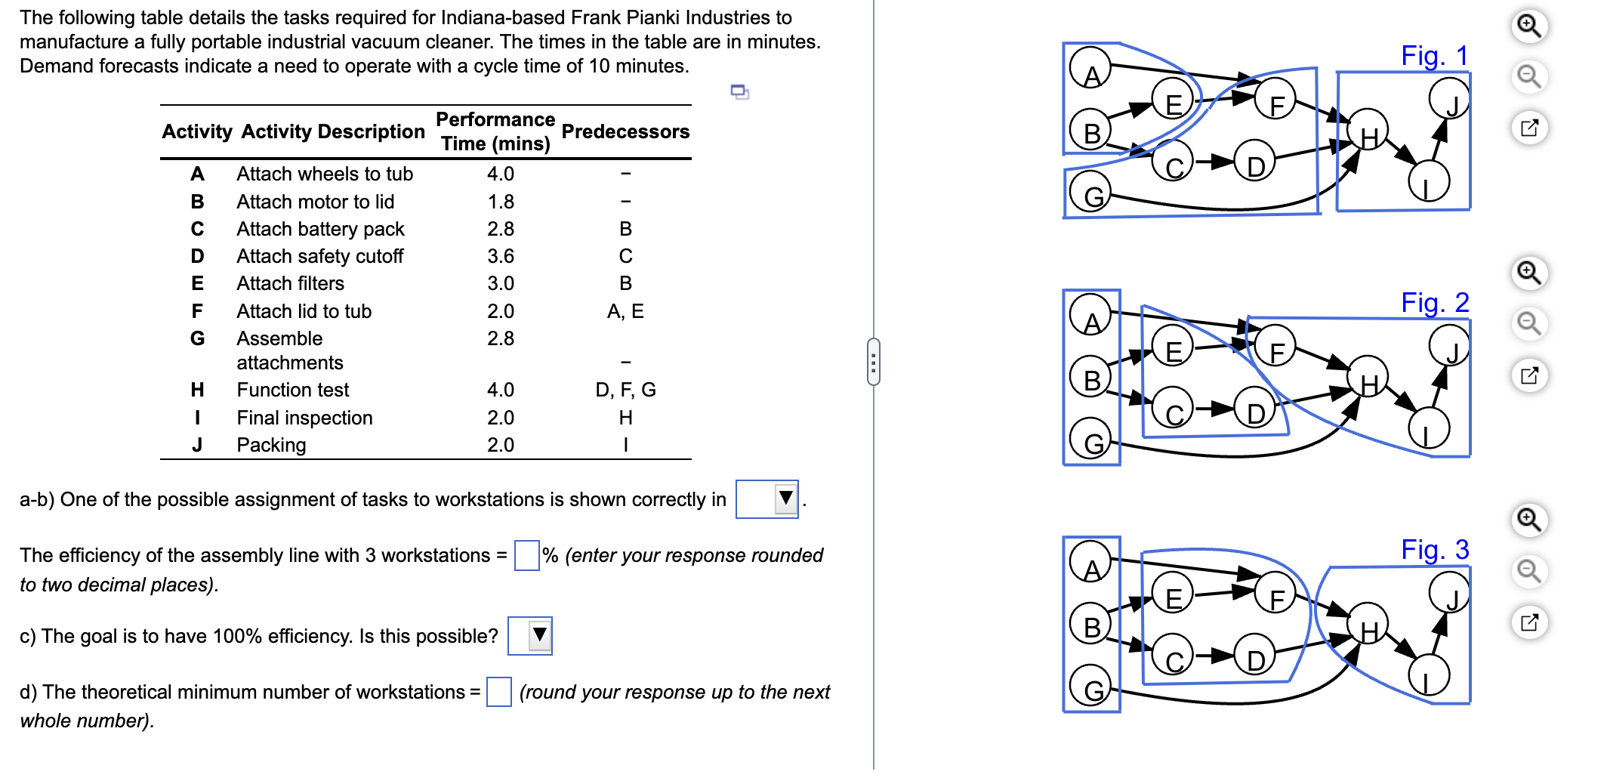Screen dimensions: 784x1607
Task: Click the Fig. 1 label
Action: coord(1434,56)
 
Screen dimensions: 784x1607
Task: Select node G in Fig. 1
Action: coord(1091,193)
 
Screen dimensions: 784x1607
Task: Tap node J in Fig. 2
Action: coord(1449,347)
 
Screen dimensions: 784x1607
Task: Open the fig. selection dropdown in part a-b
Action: coord(767,499)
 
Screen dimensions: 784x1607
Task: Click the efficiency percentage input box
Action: coord(526,556)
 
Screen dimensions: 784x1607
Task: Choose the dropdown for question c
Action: coord(530,636)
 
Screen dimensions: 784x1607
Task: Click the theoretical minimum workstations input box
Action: coord(498,692)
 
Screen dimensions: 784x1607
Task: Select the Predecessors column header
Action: coord(625,132)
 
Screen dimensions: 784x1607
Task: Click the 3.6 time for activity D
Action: coord(500,256)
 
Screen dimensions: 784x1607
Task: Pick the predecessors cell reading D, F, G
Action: coord(625,390)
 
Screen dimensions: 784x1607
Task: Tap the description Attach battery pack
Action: coord(320,229)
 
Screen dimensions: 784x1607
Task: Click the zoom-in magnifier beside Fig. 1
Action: coord(1529,26)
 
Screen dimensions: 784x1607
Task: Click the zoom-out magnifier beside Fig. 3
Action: coord(1529,571)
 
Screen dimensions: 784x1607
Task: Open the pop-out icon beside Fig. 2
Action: coord(1529,375)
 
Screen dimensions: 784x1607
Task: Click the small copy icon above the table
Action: coord(739,92)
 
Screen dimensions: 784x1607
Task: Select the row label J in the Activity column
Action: coord(197,445)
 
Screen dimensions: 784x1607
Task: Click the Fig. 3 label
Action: coord(1434,550)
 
